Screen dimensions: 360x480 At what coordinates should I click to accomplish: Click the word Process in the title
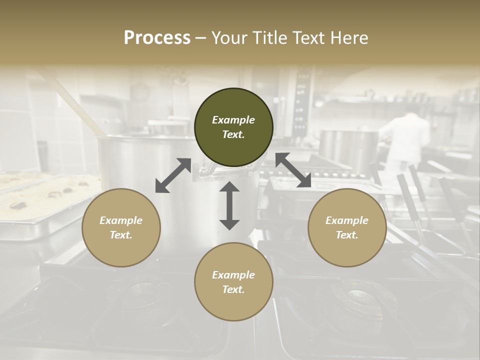click(157, 38)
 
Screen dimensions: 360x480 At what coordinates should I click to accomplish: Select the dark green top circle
click(233, 127)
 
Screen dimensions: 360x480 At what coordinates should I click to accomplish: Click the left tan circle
click(121, 227)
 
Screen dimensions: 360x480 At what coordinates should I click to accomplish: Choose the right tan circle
click(347, 227)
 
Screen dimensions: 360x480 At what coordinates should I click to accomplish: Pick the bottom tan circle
click(233, 282)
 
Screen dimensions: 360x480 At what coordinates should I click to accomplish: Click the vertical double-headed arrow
click(229, 205)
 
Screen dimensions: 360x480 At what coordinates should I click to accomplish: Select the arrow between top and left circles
click(173, 175)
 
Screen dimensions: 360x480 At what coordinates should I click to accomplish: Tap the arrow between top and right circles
click(293, 170)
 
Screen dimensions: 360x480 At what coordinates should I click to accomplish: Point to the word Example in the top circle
click(233, 120)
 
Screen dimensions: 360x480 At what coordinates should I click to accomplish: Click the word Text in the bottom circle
click(233, 289)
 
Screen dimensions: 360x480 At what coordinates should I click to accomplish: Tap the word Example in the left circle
click(121, 220)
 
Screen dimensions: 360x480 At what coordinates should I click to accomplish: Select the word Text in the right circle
click(347, 235)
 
